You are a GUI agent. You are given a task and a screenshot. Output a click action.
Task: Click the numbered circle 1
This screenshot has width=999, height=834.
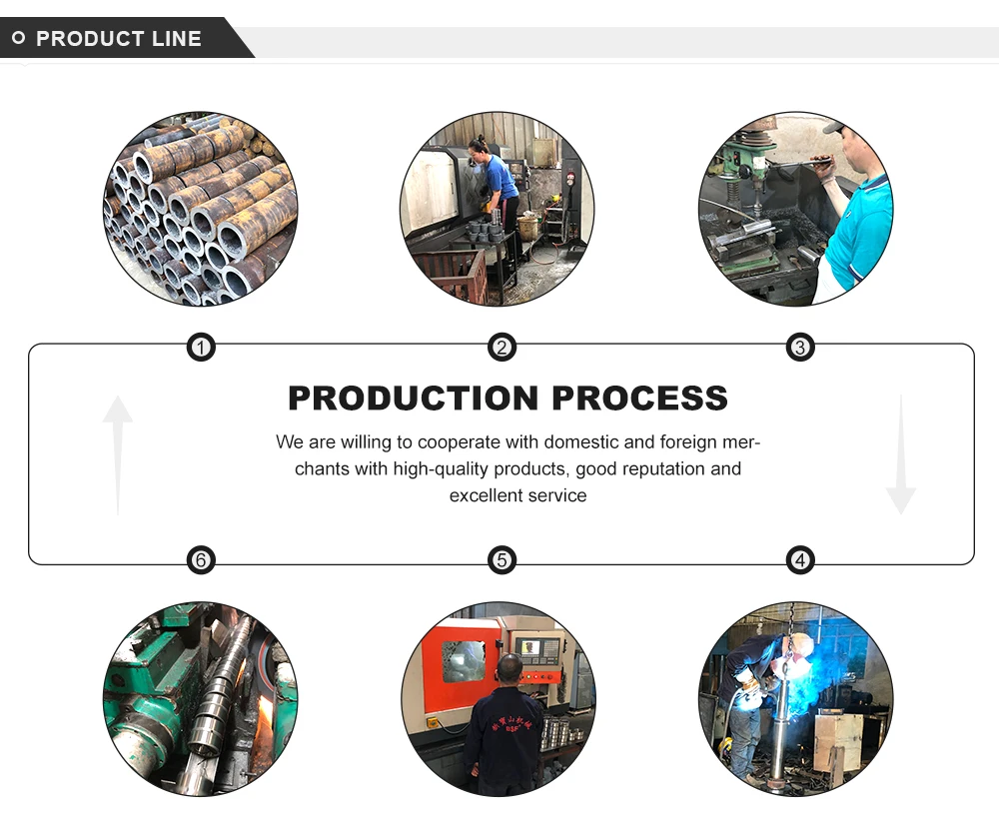(201, 348)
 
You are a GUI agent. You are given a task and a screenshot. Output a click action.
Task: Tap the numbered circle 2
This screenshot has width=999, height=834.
(501, 348)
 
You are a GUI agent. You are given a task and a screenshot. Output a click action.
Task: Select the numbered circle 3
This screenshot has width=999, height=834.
(800, 348)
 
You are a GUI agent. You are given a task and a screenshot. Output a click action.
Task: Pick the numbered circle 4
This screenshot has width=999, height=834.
(800, 560)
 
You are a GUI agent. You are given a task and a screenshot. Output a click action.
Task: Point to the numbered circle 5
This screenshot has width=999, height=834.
(501, 560)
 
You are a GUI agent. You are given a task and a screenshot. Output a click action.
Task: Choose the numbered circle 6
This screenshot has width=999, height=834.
(201, 560)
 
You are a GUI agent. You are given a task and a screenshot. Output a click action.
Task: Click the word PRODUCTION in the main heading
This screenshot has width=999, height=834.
(414, 399)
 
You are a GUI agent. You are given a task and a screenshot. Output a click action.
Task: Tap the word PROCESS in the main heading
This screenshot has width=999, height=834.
(639, 399)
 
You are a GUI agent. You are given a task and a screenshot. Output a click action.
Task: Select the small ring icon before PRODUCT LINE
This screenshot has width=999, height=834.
(18, 38)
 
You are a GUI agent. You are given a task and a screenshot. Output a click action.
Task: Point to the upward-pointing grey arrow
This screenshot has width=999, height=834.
(118, 454)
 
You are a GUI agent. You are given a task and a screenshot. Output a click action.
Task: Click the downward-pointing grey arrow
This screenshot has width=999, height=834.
(901, 454)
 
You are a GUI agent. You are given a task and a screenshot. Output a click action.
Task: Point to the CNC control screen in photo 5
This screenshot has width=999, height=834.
(530, 647)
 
